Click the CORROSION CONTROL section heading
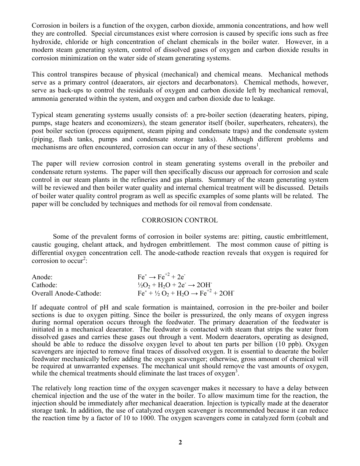tap(180, 220)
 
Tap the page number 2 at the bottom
tap(180, 442)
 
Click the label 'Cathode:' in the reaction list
tap(44, 285)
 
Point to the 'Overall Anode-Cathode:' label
tap(66, 293)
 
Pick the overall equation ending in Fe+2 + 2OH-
tap(186, 293)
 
